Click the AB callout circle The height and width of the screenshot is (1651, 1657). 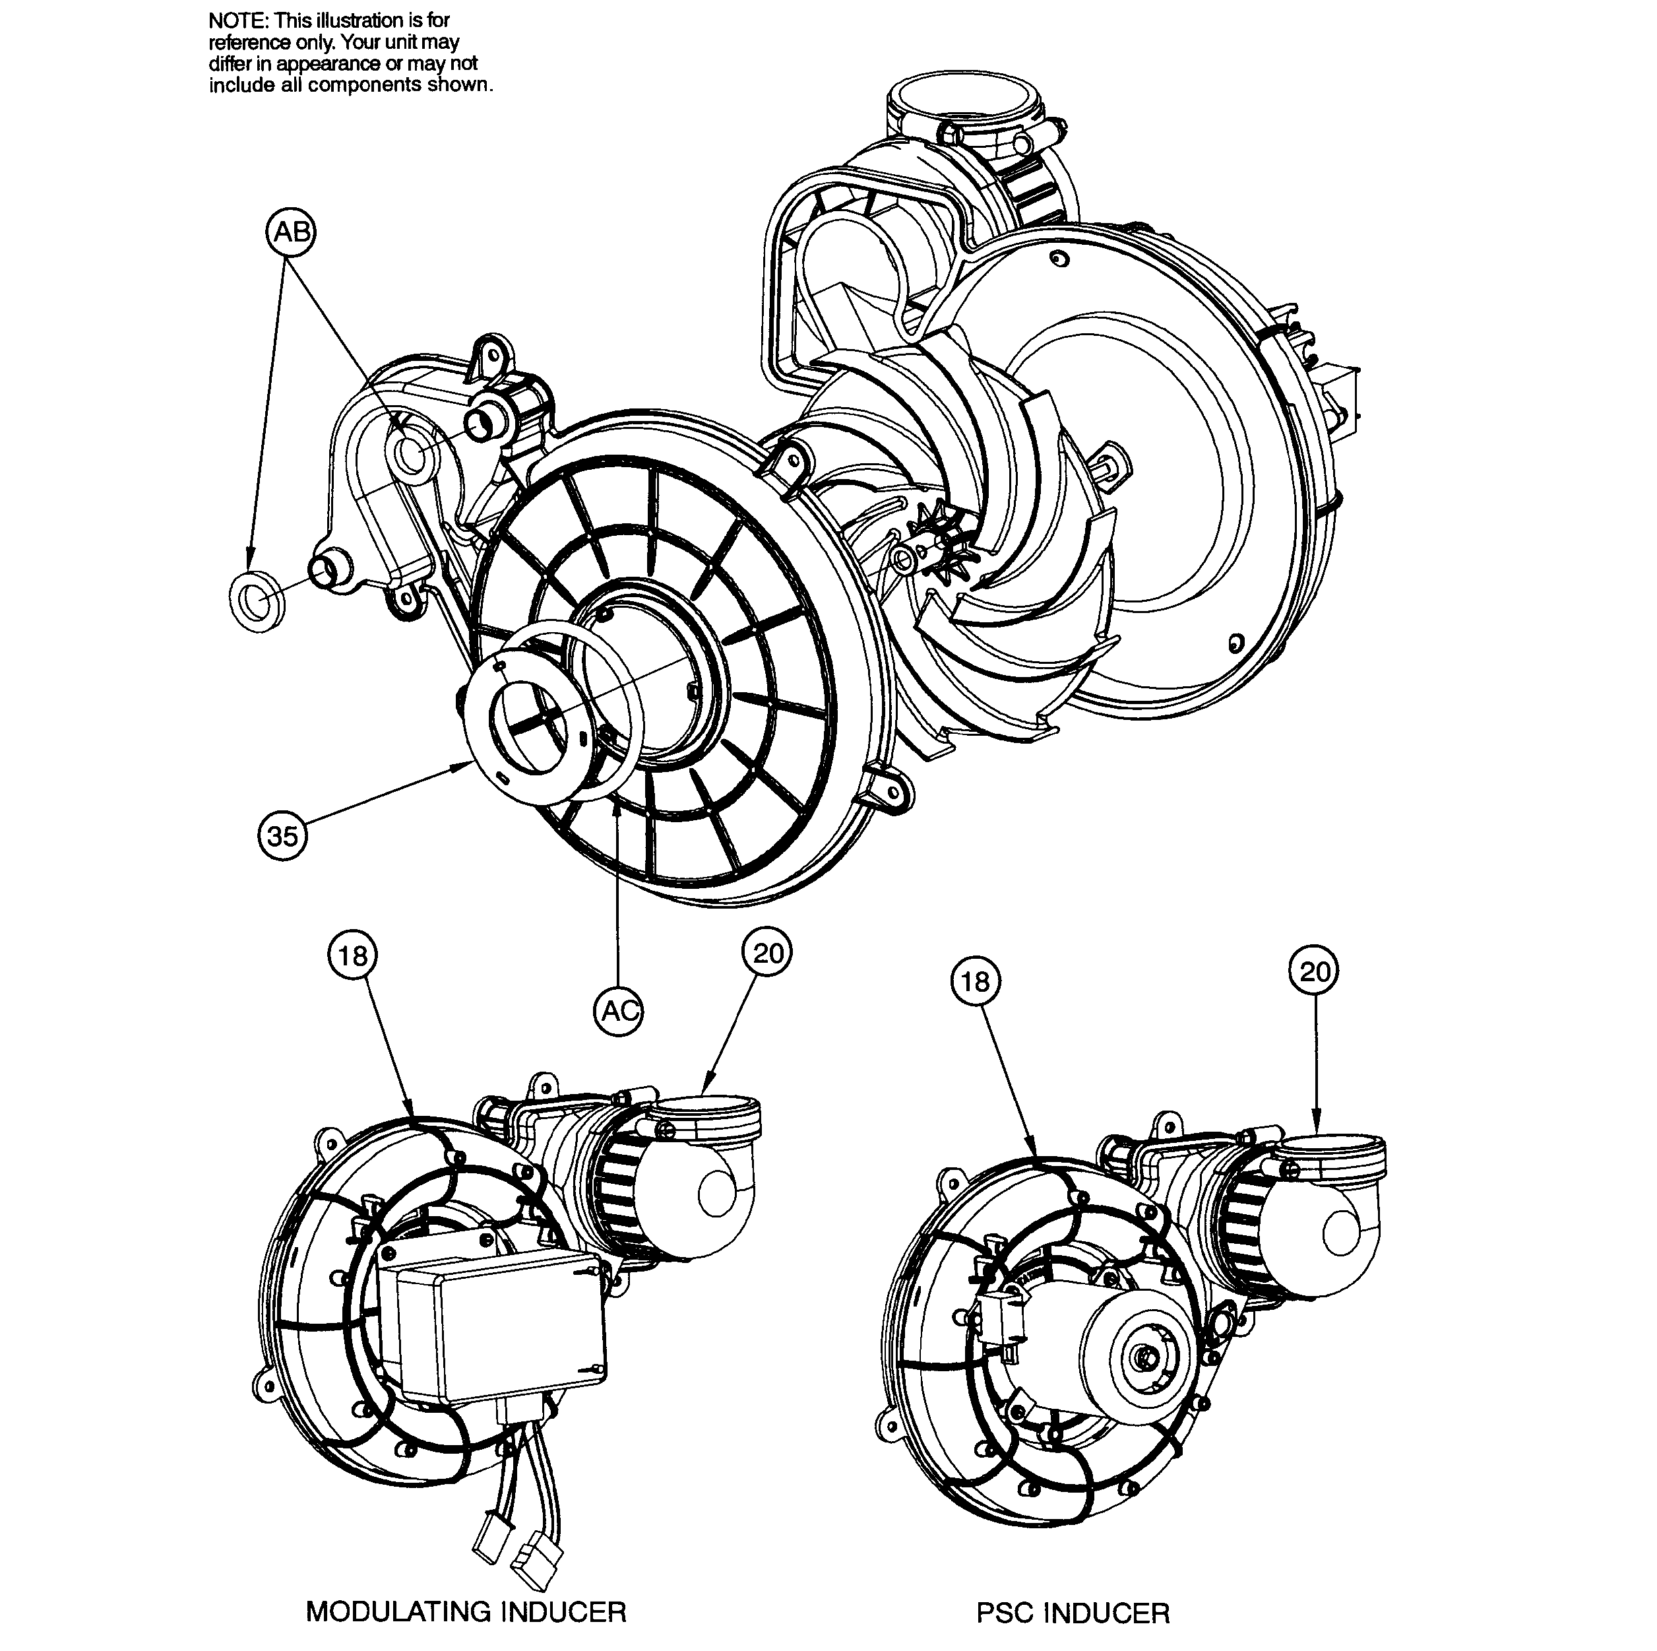[291, 232]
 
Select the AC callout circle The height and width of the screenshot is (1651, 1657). [618, 1011]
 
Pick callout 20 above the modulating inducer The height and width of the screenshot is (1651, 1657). [768, 952]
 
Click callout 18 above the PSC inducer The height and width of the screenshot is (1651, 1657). [975, 981]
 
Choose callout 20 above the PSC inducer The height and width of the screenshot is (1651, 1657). [1314, 971]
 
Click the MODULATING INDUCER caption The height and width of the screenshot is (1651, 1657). [466, 1611]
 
